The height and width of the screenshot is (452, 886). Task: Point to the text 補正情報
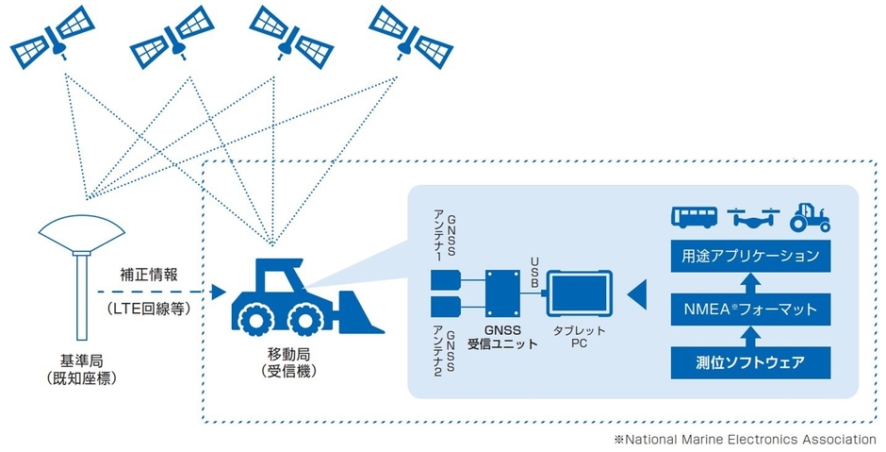click(x=146, y=276)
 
